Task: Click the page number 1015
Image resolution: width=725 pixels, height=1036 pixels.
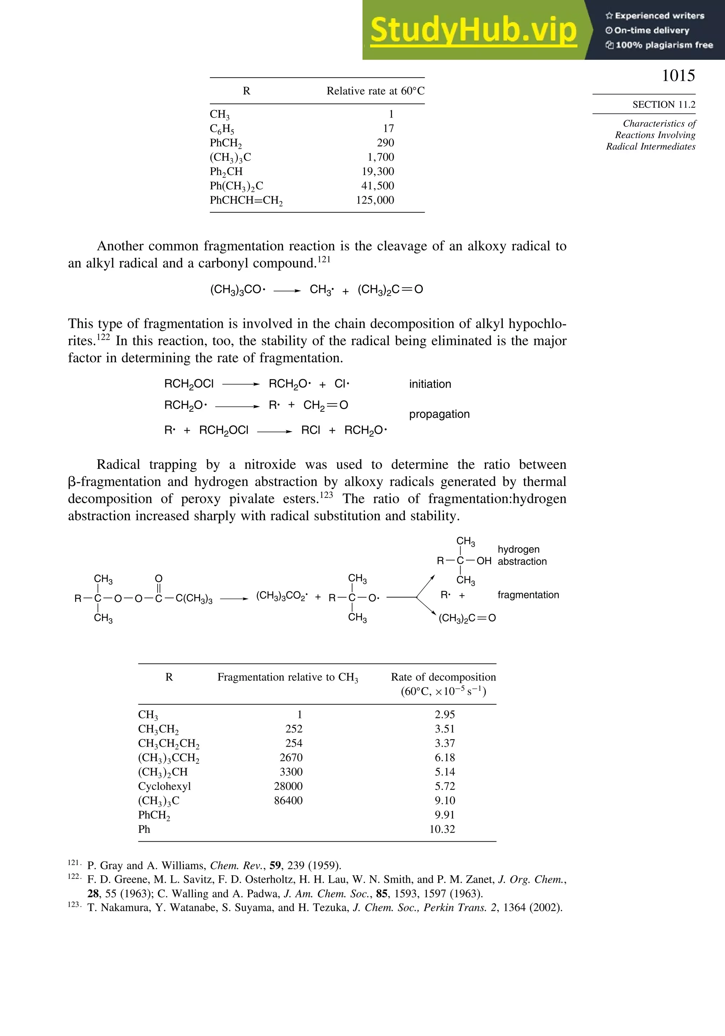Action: pyautogui.click(x=678, y=76)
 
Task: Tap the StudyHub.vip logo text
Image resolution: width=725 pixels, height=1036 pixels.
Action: pyautogui.click(x=473, y=30)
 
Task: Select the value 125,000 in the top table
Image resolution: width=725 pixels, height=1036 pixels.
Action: pyautogui.click(x=375, y=200)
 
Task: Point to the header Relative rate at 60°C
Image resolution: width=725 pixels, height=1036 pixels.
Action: pyautogui.click(x=375, y=91)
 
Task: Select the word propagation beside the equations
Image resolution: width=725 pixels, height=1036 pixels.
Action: pyautogui.click(x=439, y=414)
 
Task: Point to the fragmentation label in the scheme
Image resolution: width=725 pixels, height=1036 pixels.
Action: pyautogui.click(x=528, y=595)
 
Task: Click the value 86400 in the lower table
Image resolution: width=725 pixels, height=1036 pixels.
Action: pyautogui.click(x=288, y=801)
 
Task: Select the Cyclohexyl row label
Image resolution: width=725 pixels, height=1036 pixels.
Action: pyautogui.click(x=165, y=786)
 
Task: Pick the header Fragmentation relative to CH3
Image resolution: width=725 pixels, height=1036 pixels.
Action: pyautogui.click(x=287, y=677)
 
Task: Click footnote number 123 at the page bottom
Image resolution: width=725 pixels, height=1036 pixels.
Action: pyautogui.click(x=74, y=905)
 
